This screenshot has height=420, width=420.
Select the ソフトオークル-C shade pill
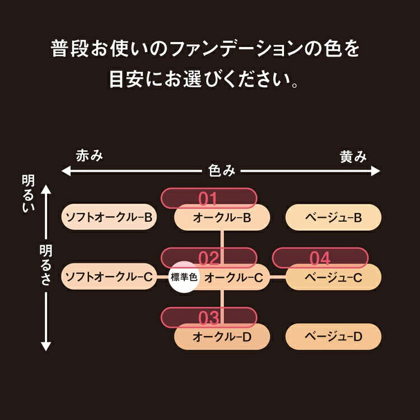tap(109, 276)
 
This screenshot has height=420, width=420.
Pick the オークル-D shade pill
tap(222, 337)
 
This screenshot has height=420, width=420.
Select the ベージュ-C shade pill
tap(334, 277)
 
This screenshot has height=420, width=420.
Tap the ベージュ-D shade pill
tap(334, 337)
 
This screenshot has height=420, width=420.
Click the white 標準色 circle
tap(184, 277)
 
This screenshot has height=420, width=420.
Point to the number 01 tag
tap(208, 198)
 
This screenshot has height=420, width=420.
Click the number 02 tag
tap(208, 258)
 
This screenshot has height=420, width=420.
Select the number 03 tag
tap(208, 318)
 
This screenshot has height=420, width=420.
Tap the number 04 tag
tap(320, 258)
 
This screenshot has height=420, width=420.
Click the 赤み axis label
tap(90, 156)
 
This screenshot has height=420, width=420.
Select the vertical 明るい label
tap(28, 194)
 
